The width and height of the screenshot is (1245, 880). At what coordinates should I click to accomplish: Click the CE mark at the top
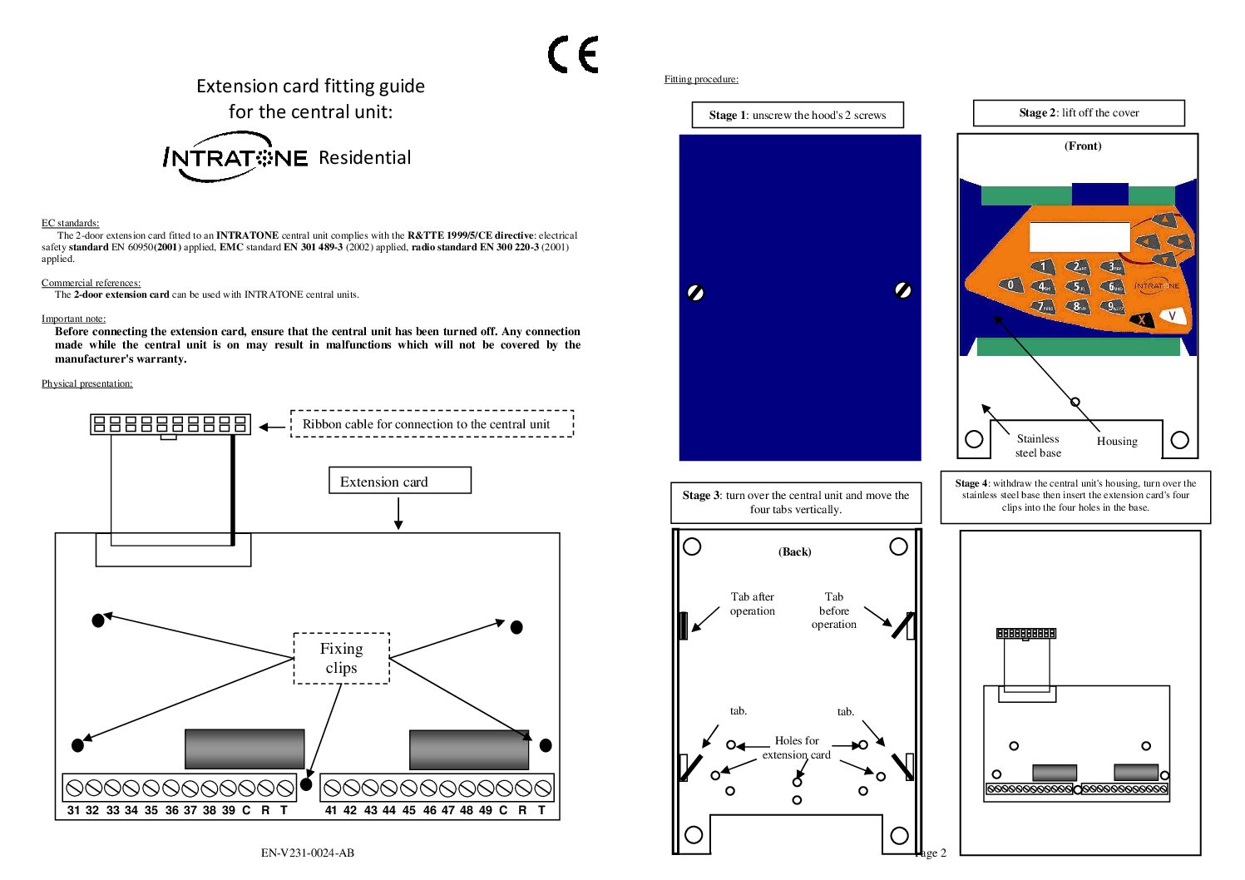point(573,55)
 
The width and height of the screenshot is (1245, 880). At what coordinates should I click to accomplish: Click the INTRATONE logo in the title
point(235,157)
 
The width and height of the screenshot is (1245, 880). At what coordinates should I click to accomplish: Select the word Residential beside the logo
point(364,158)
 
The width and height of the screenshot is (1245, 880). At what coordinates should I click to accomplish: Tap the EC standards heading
point(70,223)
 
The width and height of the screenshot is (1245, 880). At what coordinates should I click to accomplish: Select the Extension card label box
point(399,481)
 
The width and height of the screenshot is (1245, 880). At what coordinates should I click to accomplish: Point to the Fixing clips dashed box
point(341,658)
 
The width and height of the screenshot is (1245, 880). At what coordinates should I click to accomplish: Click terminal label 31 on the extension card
point(74,810)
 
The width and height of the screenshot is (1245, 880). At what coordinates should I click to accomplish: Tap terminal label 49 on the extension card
point(485,810)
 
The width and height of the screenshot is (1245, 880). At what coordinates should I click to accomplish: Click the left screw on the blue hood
point(696,292)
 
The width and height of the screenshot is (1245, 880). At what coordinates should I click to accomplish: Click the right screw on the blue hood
point(902,290)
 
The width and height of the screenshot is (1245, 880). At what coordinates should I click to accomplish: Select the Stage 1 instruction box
point(797,115)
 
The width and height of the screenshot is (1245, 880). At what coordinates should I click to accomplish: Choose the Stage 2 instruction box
point(1078,112)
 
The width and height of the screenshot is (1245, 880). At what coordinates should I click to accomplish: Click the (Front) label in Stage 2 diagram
point(1082,146)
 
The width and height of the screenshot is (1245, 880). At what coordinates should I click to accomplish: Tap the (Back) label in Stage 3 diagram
point(794,551)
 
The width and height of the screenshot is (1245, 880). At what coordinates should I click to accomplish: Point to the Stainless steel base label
point(1038,446)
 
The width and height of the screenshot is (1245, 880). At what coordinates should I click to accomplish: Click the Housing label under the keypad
point(1116,442)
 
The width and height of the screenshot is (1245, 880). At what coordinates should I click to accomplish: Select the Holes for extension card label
point(796,747)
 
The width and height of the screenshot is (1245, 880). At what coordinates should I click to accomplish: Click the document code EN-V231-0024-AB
point(307,853)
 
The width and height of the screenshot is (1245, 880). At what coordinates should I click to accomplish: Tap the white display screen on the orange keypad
point(1079,237)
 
